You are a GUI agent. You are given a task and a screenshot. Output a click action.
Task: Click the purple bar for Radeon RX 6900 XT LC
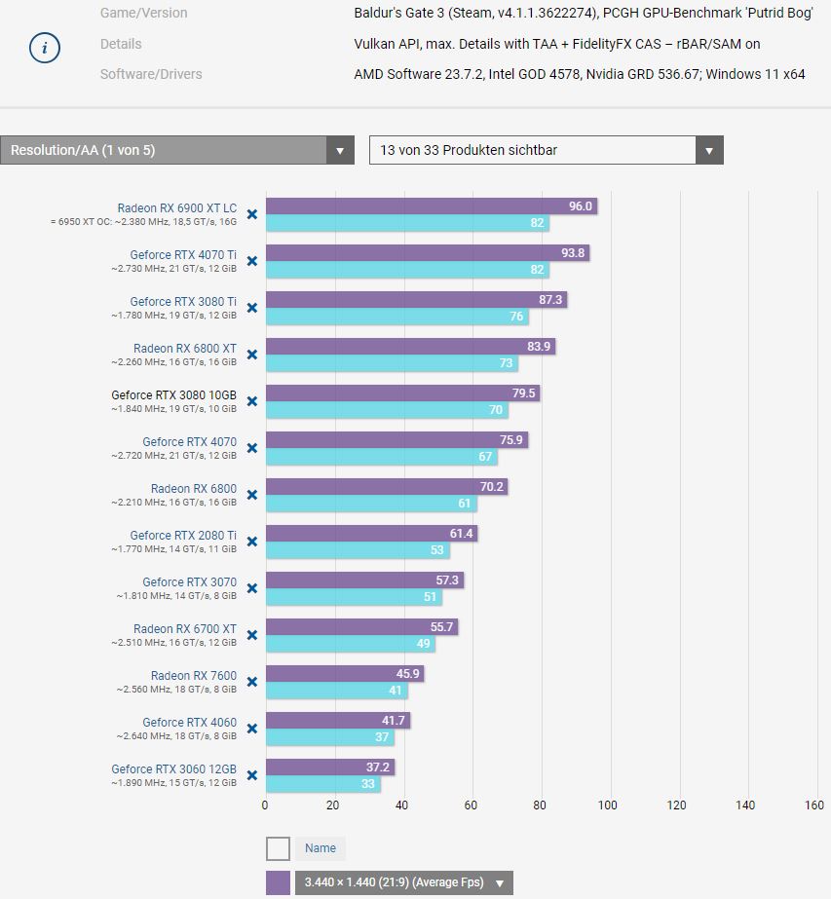click(429, 206)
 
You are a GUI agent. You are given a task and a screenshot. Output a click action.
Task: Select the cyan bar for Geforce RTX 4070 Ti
click(407, 270)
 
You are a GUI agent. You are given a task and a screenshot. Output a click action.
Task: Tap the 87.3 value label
click(550, 300)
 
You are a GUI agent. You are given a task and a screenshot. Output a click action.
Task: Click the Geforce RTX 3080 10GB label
click(173, 394)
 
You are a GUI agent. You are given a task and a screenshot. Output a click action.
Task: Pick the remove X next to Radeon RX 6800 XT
click(251, 355)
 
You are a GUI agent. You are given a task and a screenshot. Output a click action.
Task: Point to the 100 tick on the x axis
click(608, 805)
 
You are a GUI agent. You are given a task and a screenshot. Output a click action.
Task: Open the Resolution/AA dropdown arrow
click(340, 151)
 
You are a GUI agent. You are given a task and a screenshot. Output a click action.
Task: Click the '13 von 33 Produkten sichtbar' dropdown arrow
click(709, 151)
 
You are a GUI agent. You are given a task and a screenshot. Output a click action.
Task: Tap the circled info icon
click(45, 48)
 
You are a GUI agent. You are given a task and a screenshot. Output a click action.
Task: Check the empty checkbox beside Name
click(278, 848)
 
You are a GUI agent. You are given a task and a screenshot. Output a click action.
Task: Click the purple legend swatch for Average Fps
click(278, 882)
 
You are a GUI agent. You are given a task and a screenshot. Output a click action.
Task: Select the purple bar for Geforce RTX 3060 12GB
click(329, 768)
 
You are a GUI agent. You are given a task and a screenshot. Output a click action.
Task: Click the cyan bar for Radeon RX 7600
click(336, 691)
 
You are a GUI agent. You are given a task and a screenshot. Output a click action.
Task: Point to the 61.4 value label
click(461, 534)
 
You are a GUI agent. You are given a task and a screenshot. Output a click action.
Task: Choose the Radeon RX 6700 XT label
click(185, 628)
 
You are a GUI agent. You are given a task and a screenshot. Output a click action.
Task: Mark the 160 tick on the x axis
click(814, 805)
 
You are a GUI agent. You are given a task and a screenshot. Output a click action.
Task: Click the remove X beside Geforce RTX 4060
click(251, 729)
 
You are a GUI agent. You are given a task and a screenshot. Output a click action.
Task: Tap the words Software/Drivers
click(151, 74)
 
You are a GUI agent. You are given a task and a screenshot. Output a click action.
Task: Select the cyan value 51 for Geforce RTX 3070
click(431, 597)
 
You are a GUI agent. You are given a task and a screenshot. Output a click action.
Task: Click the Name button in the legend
click(321, 848)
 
